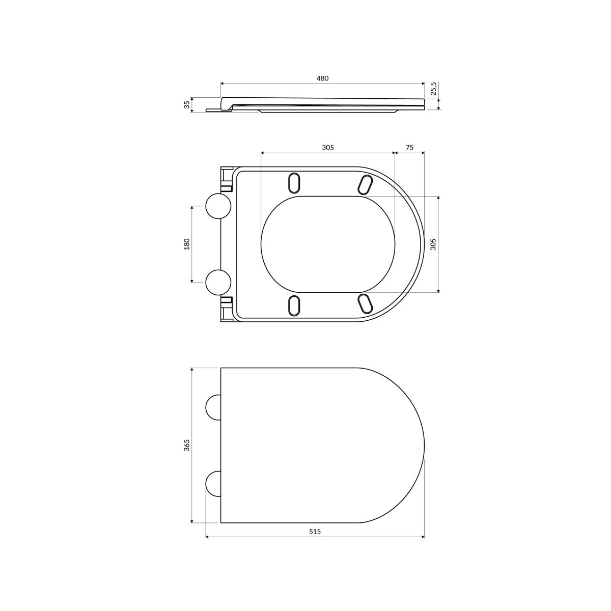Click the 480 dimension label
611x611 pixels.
tap(322, 78)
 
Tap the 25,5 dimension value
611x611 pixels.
tap(434, 89)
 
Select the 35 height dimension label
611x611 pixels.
tap(187, 104)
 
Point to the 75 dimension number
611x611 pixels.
tap(409, 148)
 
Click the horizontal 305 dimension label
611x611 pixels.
tap(328, 148)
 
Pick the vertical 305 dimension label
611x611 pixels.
tap(433, 244)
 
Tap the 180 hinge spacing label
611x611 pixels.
tap(187, 244)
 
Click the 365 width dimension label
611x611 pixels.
tap(187, 445)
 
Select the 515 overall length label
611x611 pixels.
tap(315, 532)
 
